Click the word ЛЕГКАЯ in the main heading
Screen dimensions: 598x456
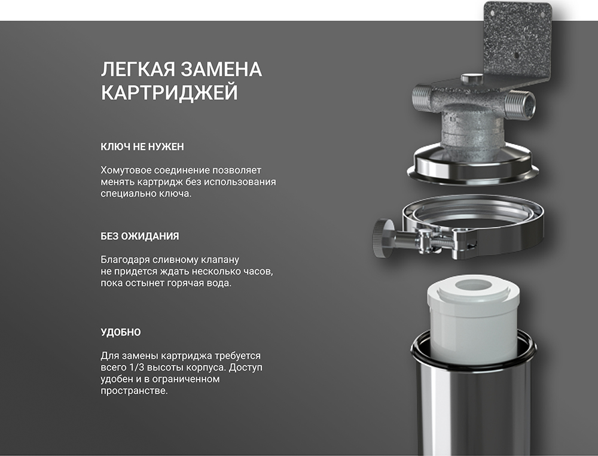click(138, 69)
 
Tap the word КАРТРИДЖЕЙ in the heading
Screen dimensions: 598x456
click(169, 93)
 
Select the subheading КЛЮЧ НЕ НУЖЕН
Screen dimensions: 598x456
click(142, 147)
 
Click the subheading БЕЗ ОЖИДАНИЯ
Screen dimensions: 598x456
click(140, 236)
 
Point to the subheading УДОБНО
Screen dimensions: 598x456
click(121, 332)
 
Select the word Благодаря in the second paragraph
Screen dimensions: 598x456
click(125, 260)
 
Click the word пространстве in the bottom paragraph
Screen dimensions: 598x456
click(133, 391)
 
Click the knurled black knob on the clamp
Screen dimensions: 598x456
click(383, 238)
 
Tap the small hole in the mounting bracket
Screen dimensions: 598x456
click(517, 55)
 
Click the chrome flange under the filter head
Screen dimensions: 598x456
click(473, 164)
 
